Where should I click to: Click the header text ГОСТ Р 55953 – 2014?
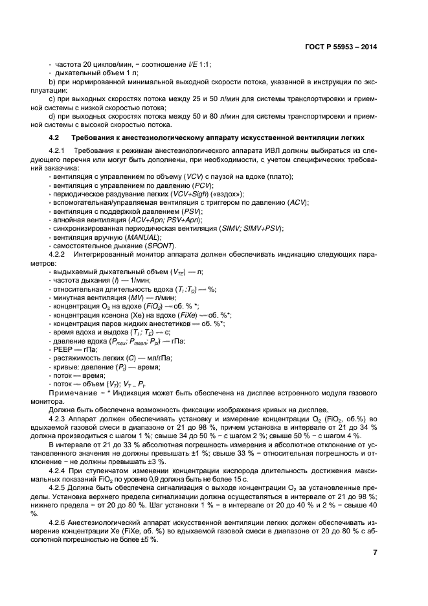(340, 47)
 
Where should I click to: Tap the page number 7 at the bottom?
(375, 552)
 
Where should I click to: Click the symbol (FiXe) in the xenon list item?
(185, 315)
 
